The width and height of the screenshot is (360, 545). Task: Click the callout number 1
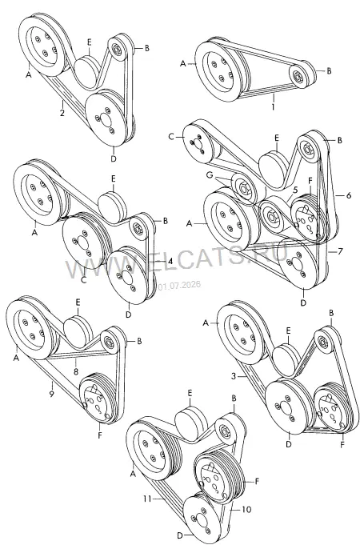tap(273, 106)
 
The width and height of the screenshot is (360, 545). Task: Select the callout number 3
tap(234, 375)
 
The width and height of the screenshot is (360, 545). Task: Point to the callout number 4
tap(170, 261)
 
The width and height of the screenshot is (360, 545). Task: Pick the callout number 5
tap(295, 190)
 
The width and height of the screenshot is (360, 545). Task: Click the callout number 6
tap(350, 195)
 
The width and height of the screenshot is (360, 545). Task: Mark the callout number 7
tap(341, 251)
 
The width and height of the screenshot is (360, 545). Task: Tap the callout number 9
tap(51, 394)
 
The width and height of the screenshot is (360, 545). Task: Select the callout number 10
tap(246, 509)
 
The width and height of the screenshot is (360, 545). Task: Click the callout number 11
tap(147, 499)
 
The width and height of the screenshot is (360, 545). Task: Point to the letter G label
tap(209, 176)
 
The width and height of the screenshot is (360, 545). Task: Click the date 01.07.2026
tap(179, 286)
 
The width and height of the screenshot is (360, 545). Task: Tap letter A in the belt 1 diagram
tap(183, 63)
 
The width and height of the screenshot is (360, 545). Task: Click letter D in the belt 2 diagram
tap(114, 158)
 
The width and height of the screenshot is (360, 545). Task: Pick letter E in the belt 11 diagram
tap(190, 393)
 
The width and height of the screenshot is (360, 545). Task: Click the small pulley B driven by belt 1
tap(302, 75)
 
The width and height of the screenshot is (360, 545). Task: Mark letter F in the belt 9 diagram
tap(100, 435)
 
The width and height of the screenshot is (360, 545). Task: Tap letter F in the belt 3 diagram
tap(342, 444)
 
